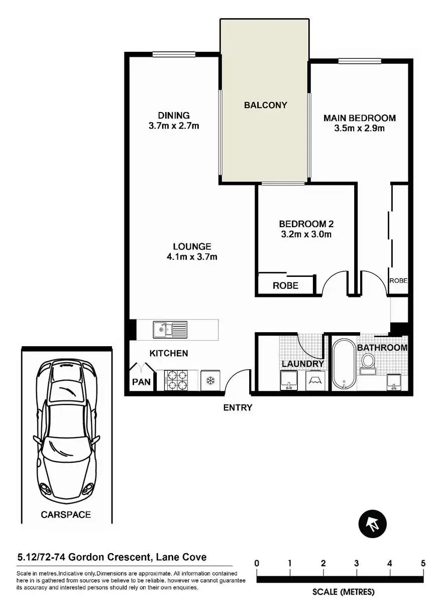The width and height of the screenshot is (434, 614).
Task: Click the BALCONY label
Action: click(x=265, y=105)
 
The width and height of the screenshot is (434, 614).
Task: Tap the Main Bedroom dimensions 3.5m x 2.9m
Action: click(x=359, y=128)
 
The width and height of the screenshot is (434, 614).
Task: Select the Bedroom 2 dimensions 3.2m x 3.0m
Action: click(x=306, y=234)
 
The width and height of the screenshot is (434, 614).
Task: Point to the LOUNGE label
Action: click(x=192, y=247)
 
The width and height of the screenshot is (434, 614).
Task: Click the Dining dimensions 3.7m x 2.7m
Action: click(x=174, y=126)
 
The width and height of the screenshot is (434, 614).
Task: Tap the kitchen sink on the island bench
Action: click(x=170, y=329)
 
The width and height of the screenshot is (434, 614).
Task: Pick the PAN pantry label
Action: click(x=141, y=382)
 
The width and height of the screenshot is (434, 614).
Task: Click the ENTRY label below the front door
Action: click(x=238, y=407)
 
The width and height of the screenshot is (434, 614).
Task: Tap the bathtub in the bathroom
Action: click(x=344, y=364)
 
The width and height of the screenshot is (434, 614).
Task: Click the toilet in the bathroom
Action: click(x=368, y=363)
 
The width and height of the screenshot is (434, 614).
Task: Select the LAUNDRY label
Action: click(x=302, y=364)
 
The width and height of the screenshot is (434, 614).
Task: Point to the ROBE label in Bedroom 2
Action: click(x=285, y=285)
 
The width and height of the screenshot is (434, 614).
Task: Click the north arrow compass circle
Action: click(x=372, y=525)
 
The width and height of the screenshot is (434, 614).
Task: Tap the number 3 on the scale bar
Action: click(x=356, y=563)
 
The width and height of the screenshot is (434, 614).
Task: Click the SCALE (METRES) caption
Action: click(x=344, y=592)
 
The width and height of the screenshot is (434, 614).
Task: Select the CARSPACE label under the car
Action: click(x=66, y=515)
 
